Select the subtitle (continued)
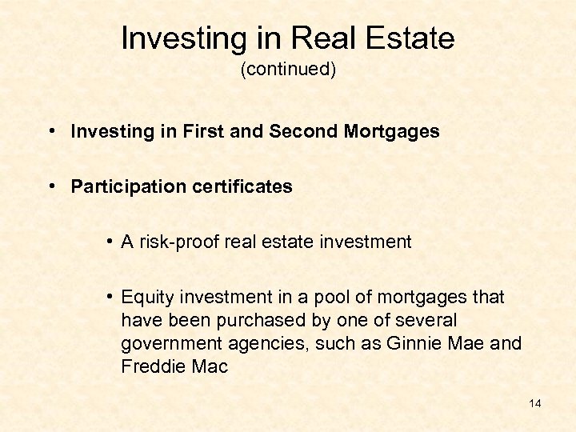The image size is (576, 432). coord(288,70)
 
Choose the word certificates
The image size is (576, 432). coord(239,187)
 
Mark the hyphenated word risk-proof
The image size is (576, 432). coord(178,242)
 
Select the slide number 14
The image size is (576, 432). coord(535,403)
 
